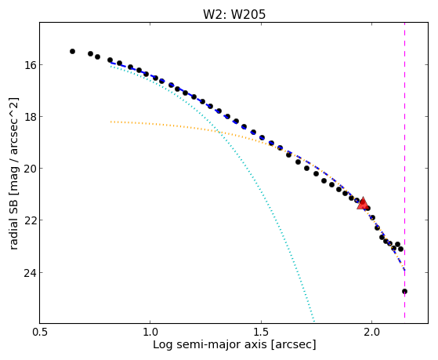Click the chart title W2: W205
[234, 14]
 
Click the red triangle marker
[363, 203]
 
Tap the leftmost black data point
[72, 51]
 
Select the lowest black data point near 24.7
[404, 292]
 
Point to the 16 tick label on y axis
[30, 65]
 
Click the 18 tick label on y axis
[30, 116]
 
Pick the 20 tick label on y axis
[30, 169]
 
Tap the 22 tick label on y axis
[30, 220]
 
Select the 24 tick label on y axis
[30, 272]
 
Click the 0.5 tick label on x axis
[40, 332]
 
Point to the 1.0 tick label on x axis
[150, 332]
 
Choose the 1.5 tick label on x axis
[261, 332]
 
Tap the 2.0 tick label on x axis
[371, 332]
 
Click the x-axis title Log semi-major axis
[210, 344]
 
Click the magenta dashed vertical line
[405, 170]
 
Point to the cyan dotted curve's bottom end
[314, 322]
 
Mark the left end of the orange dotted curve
[111, 122]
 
